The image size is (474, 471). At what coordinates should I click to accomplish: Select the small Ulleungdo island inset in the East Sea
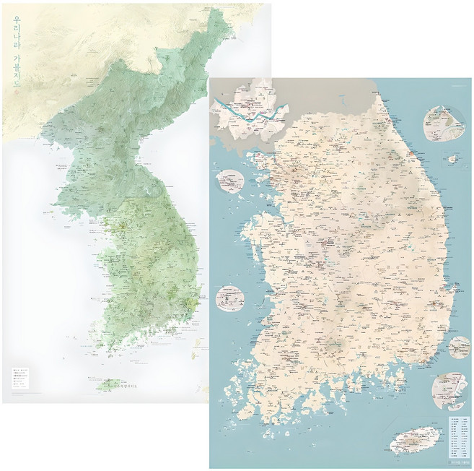point(453,158)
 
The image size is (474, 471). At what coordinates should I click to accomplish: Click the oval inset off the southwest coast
point(229,298)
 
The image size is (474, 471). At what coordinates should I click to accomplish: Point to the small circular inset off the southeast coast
point(459,347)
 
